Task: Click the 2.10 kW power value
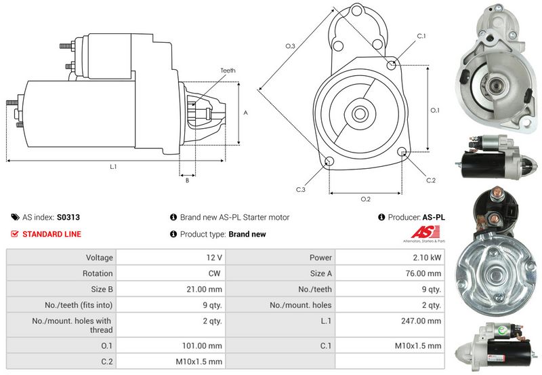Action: point(428,258)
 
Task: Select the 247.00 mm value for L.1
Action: point(425,320)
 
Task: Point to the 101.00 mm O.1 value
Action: point(205,346)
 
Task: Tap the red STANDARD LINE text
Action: point(52,235)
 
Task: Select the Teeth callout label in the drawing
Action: point(228,71)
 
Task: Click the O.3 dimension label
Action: point(290,46)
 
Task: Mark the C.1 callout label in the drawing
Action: point(421,35)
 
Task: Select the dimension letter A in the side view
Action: point(245,113)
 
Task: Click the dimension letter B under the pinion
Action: point(186,180)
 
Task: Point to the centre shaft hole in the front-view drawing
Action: point(360,113)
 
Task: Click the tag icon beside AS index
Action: point(15,218)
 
